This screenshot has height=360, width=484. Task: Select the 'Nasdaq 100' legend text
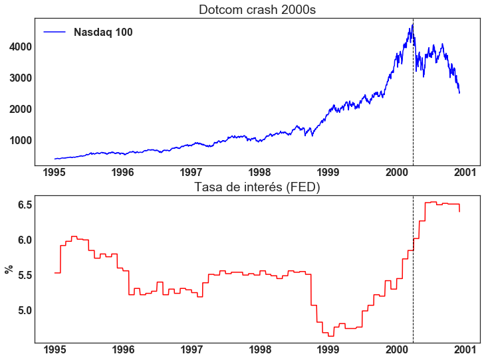click(103, 32)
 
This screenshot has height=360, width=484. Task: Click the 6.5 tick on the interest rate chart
click(24, 205)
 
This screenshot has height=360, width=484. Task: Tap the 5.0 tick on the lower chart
click(24, 310)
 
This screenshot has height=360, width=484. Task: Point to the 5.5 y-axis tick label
click(24, 275)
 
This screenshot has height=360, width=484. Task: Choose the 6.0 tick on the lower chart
click(24, 240)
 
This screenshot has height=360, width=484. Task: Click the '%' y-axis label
click(9, 269)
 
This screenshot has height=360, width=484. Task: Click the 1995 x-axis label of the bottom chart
click(55, 350)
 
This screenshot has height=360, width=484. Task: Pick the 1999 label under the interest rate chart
click(328, 350)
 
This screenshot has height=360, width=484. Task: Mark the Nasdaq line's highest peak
click(412, 24)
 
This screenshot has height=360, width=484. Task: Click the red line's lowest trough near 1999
click(330, 336)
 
